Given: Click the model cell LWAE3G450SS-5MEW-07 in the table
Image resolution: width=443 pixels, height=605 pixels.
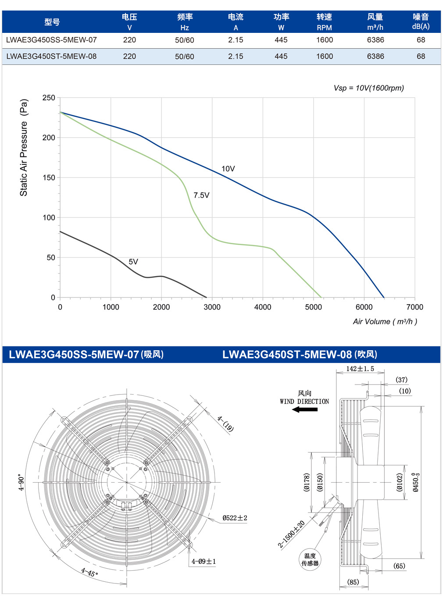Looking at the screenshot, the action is [51, 40].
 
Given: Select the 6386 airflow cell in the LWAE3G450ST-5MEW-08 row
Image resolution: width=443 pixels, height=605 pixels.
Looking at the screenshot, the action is [375, 57].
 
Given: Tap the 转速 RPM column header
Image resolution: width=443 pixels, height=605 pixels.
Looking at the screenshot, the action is [324, 22].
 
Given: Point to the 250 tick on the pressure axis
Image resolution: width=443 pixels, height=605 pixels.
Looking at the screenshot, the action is [49, 98].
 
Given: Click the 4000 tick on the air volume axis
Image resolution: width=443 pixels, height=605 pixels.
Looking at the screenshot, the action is [263, 307].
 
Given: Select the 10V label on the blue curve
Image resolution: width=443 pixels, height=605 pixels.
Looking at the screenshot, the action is [228, 169].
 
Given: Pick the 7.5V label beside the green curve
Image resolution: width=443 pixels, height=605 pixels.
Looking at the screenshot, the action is [201, 195].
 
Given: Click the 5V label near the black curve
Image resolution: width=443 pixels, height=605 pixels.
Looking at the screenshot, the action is [133, 262].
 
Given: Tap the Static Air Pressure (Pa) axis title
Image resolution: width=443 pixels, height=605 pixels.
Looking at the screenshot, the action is [24, 148].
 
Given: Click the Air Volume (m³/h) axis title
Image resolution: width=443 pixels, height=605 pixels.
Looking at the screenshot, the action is [385, 321].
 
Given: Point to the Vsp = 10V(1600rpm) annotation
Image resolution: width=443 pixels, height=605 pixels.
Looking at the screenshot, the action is [369, 88].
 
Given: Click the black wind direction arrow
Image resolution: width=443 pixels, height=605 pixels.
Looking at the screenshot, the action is [304, 409].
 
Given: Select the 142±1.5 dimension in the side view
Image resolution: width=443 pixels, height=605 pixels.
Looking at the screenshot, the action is [360, 369].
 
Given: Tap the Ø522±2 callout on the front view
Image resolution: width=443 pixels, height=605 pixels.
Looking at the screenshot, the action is [235, 518].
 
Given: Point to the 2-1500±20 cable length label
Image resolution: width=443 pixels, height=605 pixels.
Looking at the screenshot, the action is [291, 534].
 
